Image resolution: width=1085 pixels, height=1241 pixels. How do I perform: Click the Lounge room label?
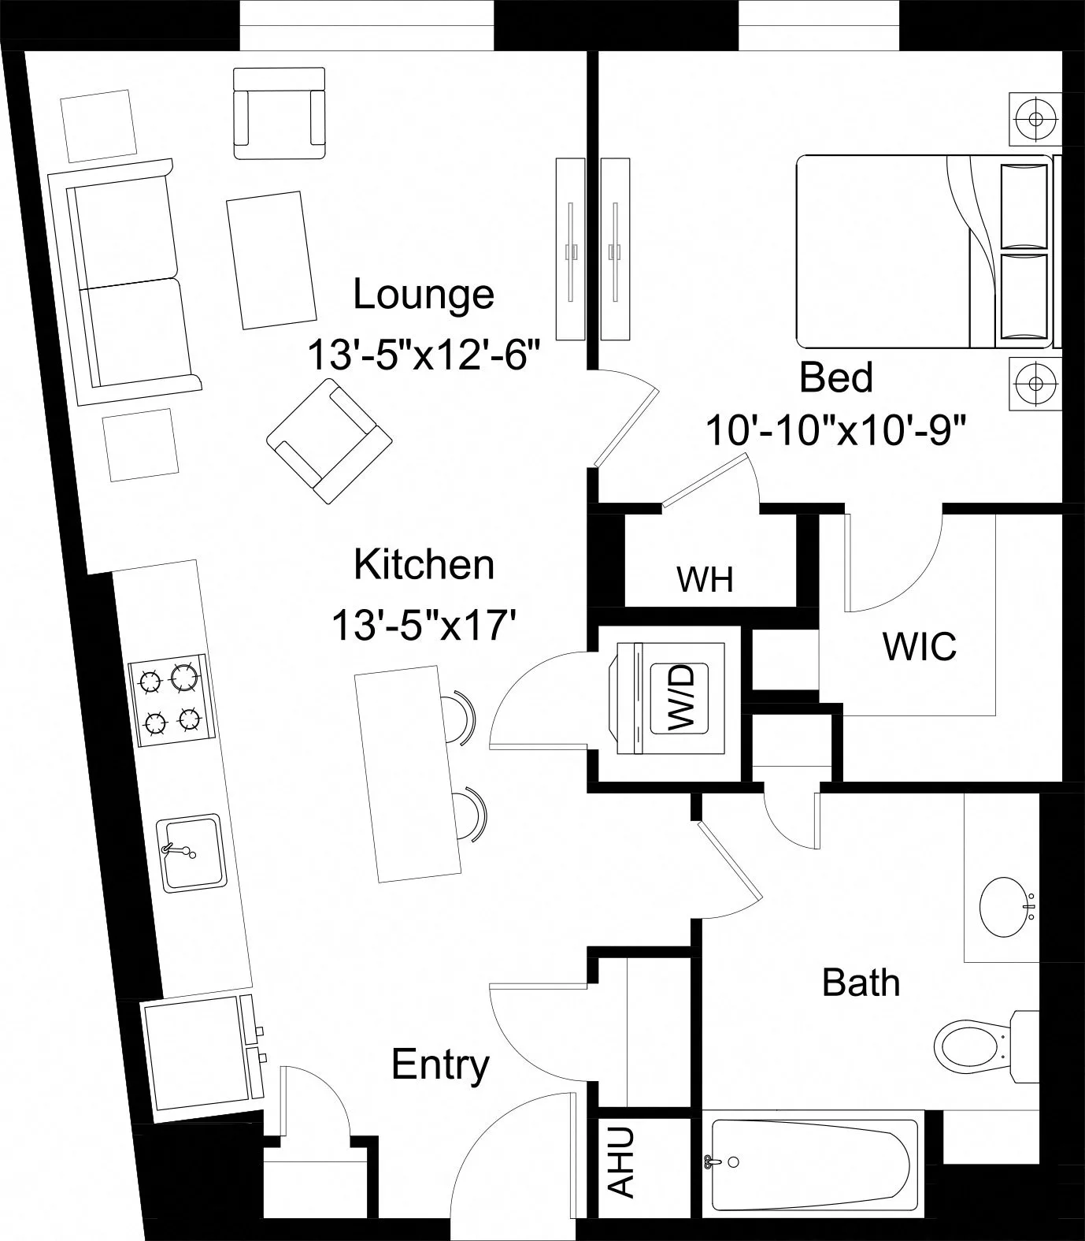pos(424,295)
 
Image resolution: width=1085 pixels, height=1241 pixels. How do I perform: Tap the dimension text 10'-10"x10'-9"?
pos(835,430)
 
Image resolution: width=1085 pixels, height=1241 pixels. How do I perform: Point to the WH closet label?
pos(705,580)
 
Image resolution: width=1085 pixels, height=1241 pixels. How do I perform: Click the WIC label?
pos(919,647)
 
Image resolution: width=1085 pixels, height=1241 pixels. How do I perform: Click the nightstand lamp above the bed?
pos(1035,119)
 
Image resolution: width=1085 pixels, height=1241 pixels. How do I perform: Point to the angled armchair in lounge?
pos(329,441)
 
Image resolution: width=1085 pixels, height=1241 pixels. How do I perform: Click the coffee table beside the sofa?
pos(266,259)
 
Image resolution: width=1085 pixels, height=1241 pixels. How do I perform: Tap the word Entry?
pos(440,1065)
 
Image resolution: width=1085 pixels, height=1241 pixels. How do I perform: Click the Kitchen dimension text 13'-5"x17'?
pos(424,626)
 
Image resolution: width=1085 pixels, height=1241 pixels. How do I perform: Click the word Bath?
pos(861,983)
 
